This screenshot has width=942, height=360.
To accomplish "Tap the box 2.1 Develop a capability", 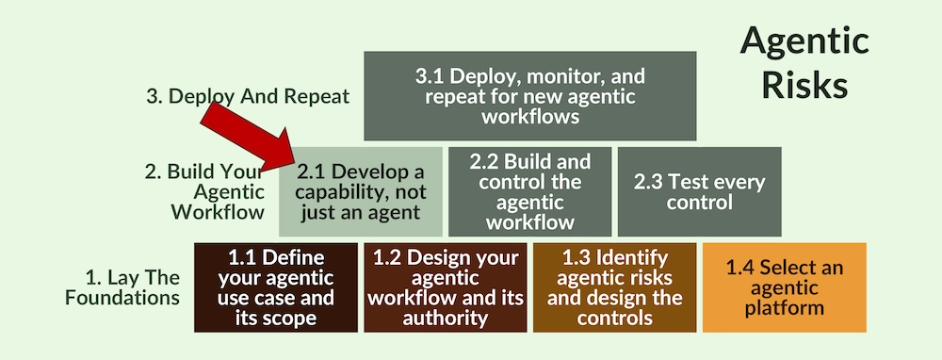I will coord(361,191).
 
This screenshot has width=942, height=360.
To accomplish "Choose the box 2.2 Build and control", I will coord(530,191).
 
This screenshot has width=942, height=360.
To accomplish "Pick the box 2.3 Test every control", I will coord(699,191).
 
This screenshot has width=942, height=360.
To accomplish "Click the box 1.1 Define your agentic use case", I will coord(276,287).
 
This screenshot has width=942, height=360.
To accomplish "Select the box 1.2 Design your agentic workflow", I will coord(445,287).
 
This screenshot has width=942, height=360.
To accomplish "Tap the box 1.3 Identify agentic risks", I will coord(614,287).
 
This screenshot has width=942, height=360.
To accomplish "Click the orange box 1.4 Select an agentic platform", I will coord(784,287).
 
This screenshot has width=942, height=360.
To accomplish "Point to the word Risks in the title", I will coord(804,85).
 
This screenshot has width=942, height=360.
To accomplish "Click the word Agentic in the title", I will coord(804,41).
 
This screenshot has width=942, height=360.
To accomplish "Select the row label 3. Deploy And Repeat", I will coord(248,96).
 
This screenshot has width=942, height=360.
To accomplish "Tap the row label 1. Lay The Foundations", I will coord(133,287).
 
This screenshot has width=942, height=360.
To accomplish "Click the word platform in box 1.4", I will coord(784,307).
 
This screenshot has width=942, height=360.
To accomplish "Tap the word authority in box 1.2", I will coord(446,318).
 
